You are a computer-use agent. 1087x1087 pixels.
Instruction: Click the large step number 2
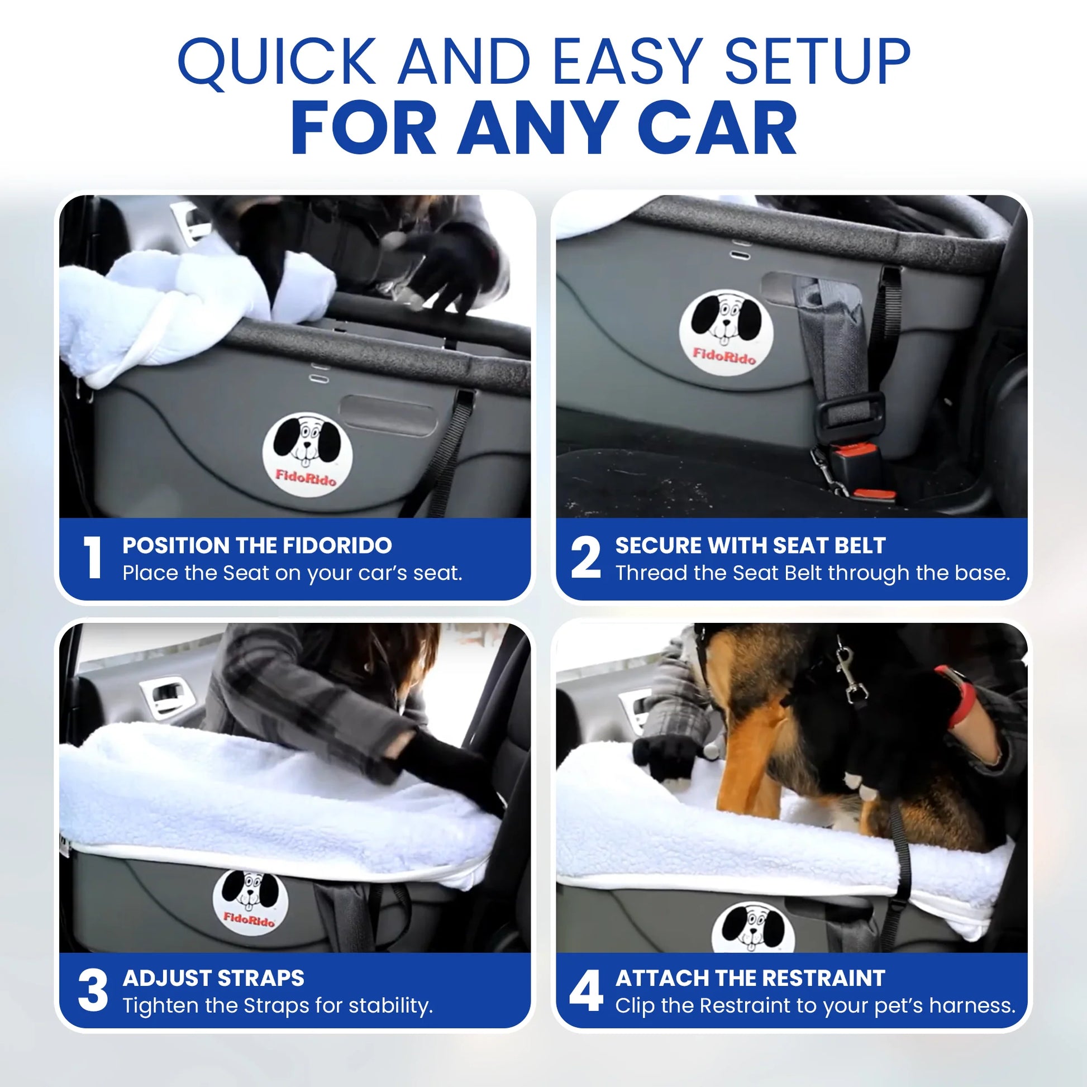[586, 557]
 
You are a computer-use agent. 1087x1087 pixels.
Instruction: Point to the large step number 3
[93, 991]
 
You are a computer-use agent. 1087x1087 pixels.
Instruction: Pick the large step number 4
[586, 991]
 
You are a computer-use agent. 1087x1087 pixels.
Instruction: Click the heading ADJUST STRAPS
[213, 978]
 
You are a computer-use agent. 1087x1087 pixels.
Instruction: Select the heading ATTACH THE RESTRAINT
[750, 978]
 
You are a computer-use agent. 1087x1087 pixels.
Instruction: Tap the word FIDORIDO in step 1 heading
[337, 545]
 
